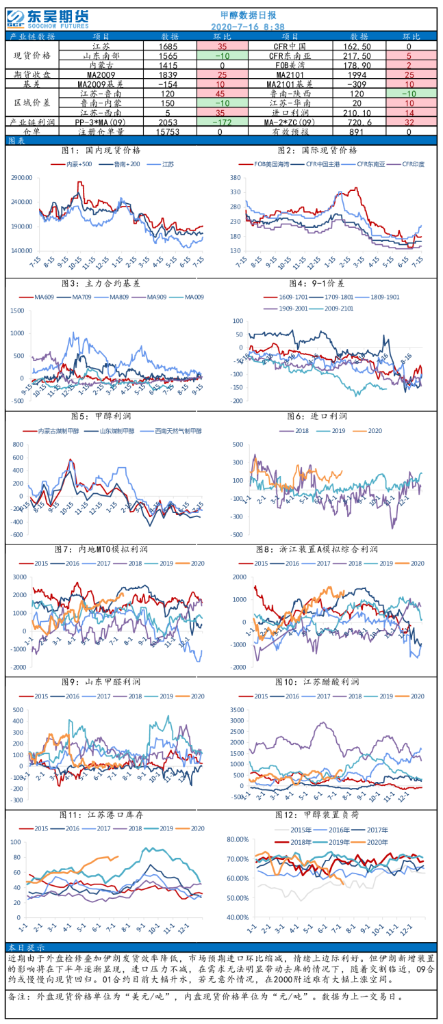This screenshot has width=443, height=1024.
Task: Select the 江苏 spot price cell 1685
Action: pyautogui.click(x=169, y=47)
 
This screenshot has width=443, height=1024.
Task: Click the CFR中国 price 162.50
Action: pyautogui.click(x=359, y=47)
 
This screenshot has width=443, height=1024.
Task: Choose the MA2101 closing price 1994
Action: pyautogui.click(x=359, y=73)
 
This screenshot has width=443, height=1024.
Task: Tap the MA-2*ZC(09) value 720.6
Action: pyautogui.click(x=359, y=122)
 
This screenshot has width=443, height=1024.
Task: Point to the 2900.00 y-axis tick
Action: pyautogui.click(x=22, y=178)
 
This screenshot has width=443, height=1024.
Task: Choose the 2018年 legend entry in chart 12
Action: pyautogui.click(x=289, y=842)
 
